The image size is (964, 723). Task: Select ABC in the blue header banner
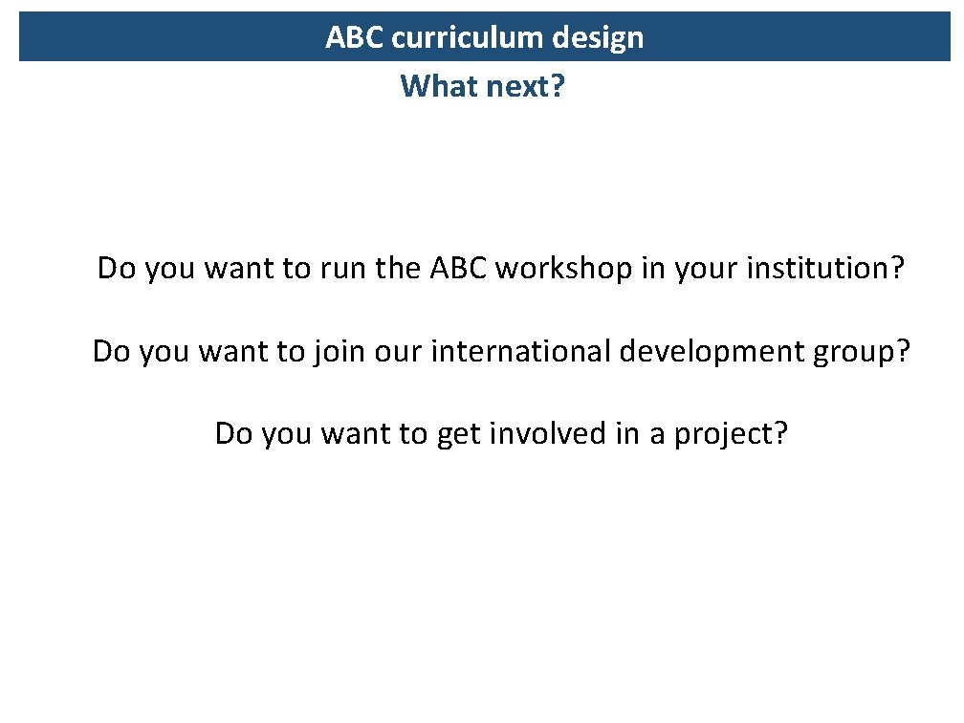354,38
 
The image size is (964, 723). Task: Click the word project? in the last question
732,434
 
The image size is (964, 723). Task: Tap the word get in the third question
458,434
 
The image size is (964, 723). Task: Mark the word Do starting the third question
233,434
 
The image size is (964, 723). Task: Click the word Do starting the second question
111,352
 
